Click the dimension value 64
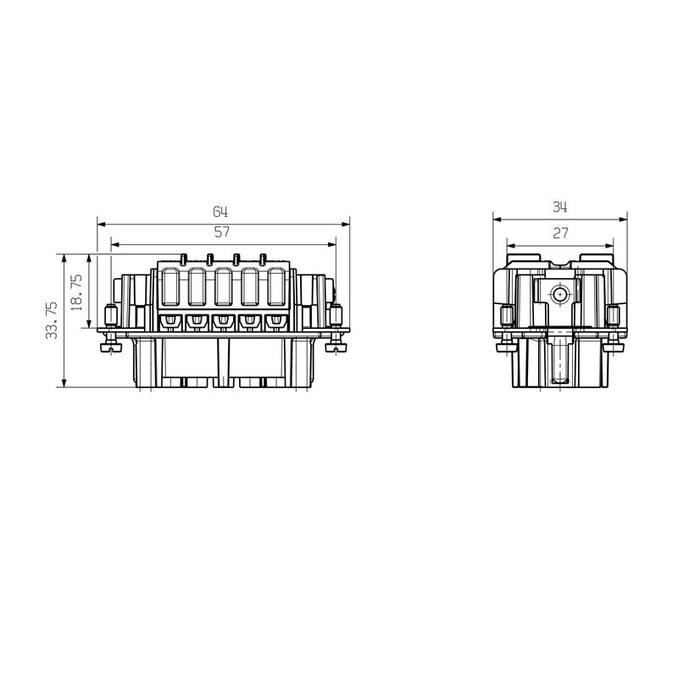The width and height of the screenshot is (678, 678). coord(220,211)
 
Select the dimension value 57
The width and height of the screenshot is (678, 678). coord(222,231)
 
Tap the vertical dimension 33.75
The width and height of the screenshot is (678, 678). coord(52,320)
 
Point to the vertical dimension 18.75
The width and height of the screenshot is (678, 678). coord(77,292)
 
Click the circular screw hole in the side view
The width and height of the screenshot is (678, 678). coord(559,295)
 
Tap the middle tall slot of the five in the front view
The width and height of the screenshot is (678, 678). coord(224,288)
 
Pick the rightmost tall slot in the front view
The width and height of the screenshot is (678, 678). coord(276,288)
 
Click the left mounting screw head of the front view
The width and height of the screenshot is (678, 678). coord(108,347)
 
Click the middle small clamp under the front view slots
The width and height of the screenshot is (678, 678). coord(224,321)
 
